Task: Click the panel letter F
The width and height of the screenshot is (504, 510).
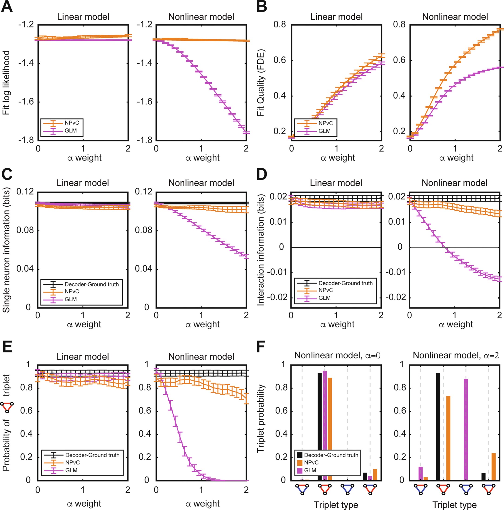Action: tap(261, 347)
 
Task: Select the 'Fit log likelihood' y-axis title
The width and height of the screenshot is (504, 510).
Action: tap(6, 83)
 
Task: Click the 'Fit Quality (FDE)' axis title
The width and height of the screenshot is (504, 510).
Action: tap(261, 83)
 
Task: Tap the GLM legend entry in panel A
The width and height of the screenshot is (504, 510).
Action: tap(70, 131)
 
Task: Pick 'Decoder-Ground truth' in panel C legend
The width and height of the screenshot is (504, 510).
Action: tap(91, 284)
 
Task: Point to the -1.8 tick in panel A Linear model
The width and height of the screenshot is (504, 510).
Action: tap(26, 140)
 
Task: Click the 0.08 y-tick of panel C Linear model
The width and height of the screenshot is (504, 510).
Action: tap(25, 230)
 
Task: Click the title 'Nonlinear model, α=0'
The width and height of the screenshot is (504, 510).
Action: tap(337, 355)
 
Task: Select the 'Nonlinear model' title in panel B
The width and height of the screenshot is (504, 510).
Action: tap(455, 17)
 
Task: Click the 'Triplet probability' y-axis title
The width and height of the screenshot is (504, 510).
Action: tap(261, 418)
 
